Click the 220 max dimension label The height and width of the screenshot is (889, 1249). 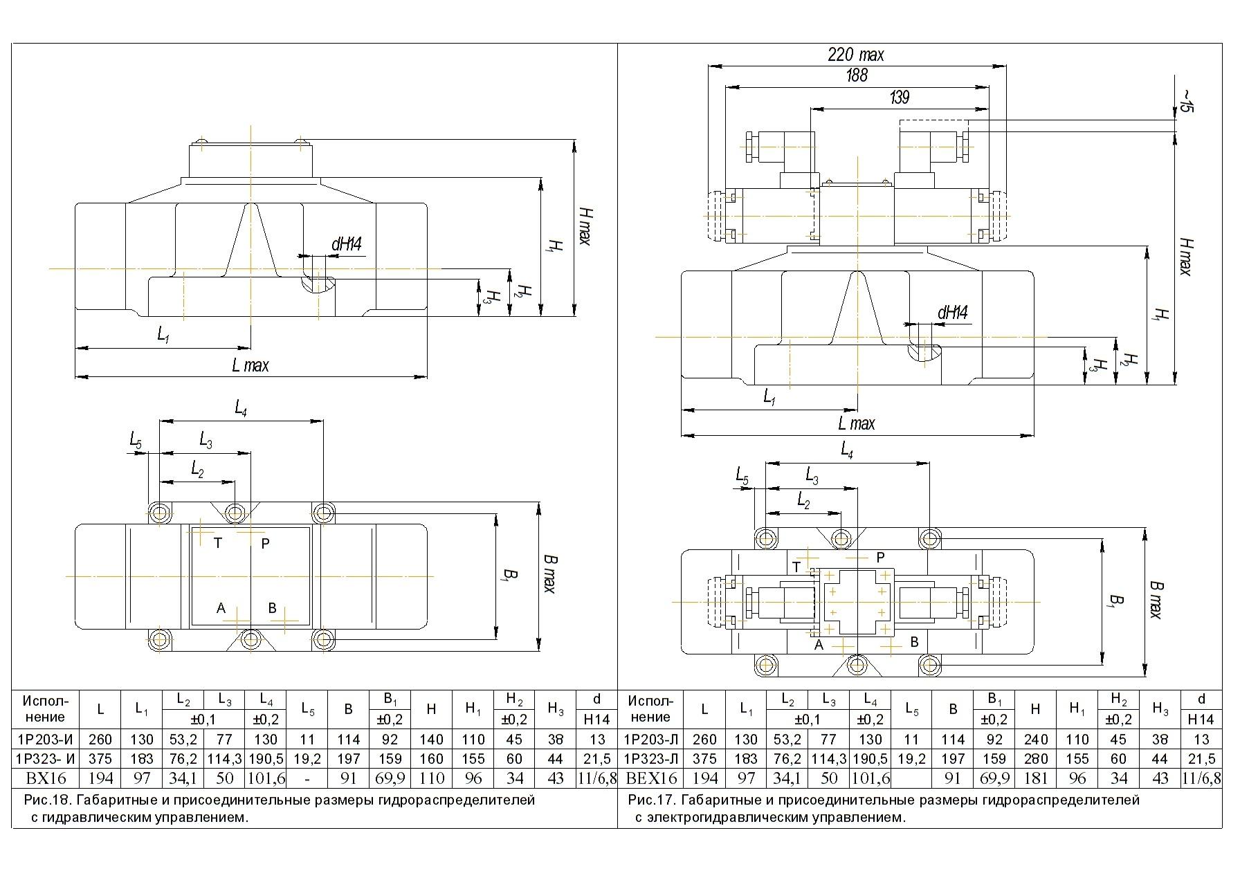tap(856, 55)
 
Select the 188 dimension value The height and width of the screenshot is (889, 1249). tap(857, 75)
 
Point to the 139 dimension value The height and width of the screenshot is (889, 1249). tap(899, 98)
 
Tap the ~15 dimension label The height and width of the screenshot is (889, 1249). tap(1185, 101)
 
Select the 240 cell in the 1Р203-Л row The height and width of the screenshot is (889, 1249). tap(1035, 739)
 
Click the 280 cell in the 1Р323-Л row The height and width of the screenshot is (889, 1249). tap(1035, 759)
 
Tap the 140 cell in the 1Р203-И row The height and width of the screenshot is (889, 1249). tap(431, 739)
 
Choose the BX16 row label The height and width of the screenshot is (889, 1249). tap(46, 778)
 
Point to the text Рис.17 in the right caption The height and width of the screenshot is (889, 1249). tap(651, 801)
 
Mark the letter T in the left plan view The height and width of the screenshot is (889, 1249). tap(218, 544)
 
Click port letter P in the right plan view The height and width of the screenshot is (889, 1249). tap(880, 557)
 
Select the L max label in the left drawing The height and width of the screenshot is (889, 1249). tap(250, 365)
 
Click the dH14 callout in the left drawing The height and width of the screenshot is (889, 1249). tap(347, 244)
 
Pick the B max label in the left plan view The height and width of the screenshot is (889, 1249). tap(549, 574)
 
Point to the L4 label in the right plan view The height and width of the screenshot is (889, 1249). tap(847, 451)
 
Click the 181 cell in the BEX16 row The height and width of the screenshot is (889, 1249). tap(1035, 778)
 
